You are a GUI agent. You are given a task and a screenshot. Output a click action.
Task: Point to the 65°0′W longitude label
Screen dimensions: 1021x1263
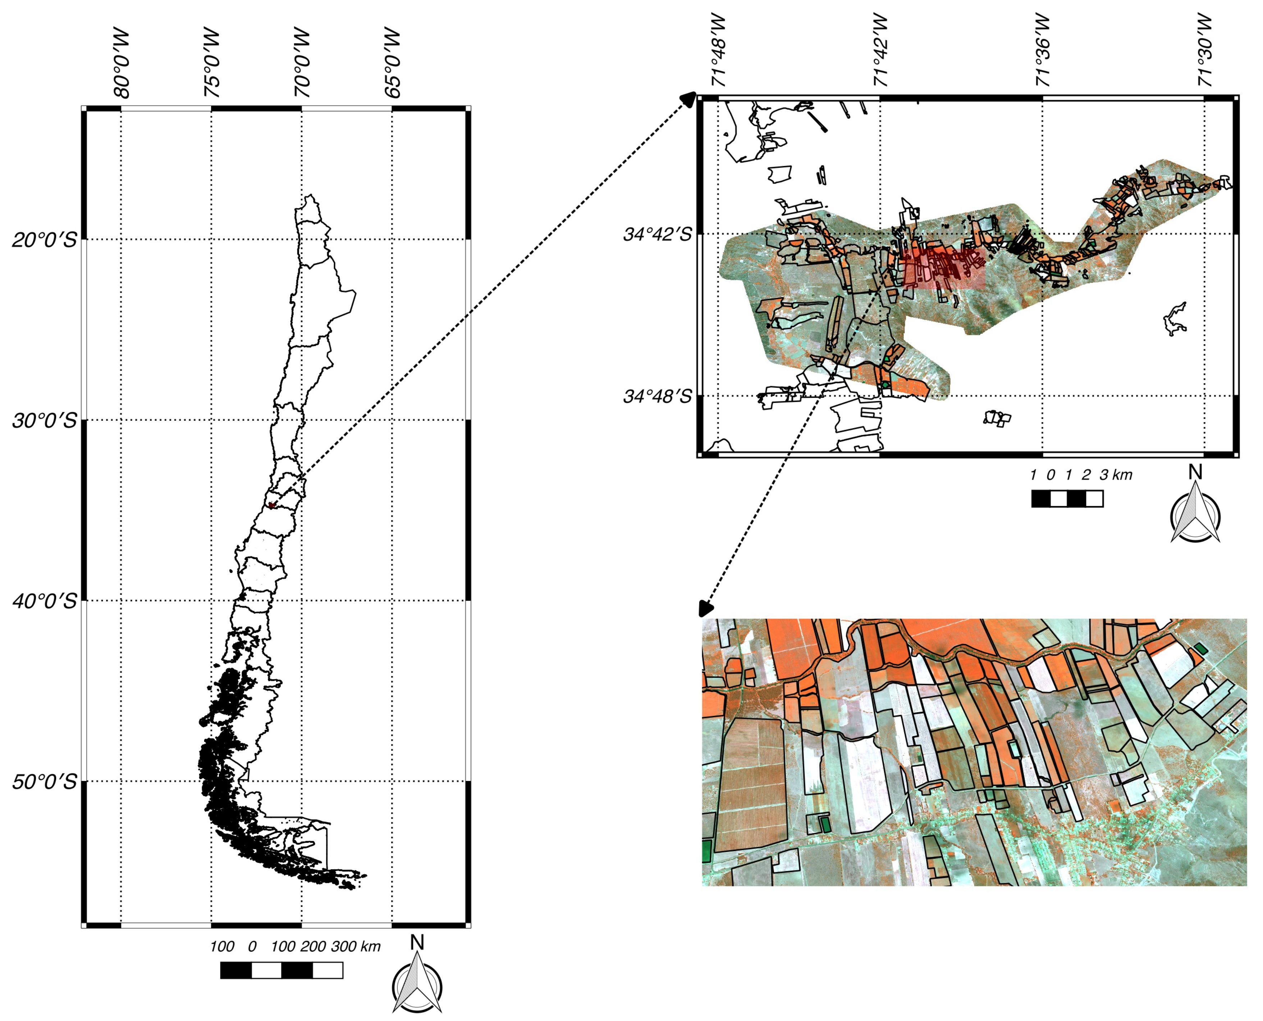(x=392, y=64)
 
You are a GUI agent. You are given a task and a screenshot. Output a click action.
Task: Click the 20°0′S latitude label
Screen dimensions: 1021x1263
(x=45, y=240)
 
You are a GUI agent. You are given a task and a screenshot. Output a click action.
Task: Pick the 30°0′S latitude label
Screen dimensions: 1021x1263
(x=45, y=420)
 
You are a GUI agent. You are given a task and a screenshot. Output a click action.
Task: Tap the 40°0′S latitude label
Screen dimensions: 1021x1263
(x=45, y=601)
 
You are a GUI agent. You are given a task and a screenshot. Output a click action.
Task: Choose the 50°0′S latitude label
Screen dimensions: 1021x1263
(x=45, y=782)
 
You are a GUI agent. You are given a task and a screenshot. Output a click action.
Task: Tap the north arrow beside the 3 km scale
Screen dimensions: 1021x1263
(x=1195, y=512)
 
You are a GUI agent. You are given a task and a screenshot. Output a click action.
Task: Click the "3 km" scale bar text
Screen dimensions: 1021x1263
(x=1116, y=475)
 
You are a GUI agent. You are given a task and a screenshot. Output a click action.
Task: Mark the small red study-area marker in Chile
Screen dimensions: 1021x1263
(x=271, y=505)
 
